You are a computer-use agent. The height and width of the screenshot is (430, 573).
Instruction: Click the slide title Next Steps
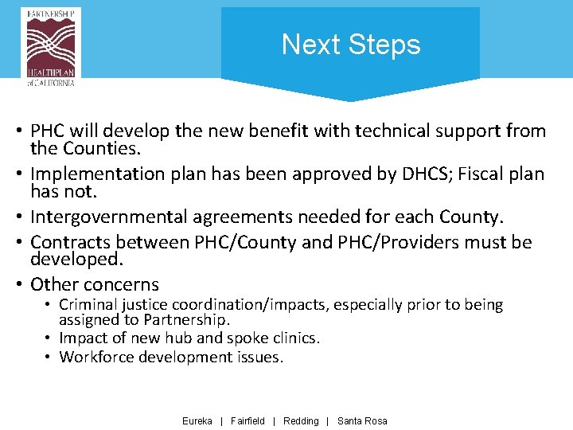[350, 45]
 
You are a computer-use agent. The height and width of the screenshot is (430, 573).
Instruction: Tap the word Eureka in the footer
[197, 420]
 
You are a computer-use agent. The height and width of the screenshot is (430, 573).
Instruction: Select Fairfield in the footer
[248, 420]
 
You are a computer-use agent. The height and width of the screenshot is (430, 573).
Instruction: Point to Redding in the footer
[301, 420]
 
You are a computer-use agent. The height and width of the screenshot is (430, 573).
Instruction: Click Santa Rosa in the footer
[362, 420]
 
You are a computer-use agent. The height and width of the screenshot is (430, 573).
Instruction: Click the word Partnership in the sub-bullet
[188, 319]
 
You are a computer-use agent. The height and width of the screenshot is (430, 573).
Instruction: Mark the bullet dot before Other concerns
[16, 285]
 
